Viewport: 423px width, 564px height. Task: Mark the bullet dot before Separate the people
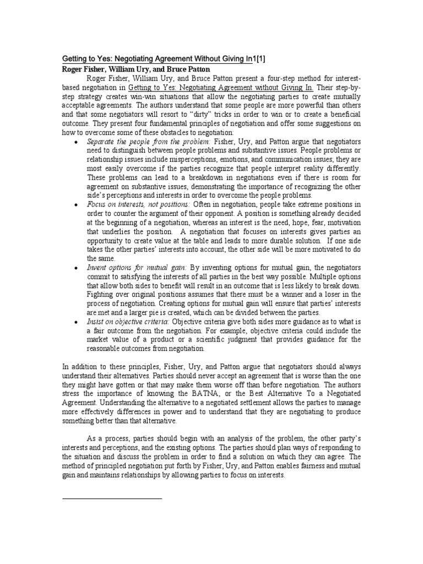point(75,143)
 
